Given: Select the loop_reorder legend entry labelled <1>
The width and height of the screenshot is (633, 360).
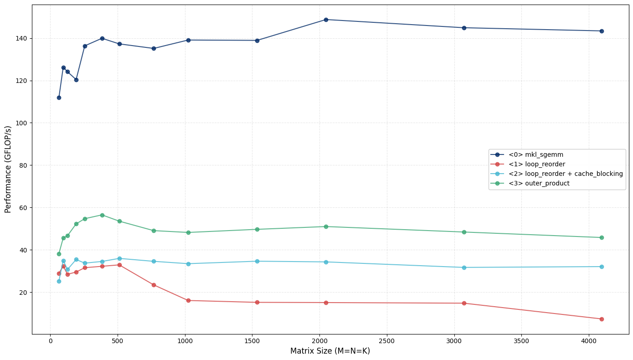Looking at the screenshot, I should [x=537, y=165].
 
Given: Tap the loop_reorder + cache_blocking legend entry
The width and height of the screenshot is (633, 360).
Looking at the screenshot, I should [x=566, y=174].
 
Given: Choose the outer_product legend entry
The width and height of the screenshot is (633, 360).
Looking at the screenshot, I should [x=539, y=184].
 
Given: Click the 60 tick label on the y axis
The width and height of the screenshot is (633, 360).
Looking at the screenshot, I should [x=22, y=208].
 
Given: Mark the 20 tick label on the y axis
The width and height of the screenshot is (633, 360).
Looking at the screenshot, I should [x=22, y=293].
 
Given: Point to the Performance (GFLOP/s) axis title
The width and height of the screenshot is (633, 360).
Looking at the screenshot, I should [x=8, y=169].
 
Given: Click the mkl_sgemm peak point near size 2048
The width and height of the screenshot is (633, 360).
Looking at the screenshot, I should [x=326, y=20].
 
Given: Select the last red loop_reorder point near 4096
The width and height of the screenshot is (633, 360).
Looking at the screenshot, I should [x=602, y=319].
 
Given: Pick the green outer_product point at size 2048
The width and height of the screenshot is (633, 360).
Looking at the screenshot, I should [x=326, y=226].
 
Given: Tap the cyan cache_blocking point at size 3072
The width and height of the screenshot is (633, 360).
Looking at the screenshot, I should [x=464, y=267].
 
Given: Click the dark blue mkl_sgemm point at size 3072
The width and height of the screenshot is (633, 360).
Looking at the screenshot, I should [x=464, y=28].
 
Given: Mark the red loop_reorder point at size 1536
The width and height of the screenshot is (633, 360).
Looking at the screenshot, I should [x=257, y=303].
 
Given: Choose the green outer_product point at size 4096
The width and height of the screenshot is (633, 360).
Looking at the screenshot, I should [x=602, y=237].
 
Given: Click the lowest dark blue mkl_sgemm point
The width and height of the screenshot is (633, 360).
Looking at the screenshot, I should [x=59, y=98].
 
